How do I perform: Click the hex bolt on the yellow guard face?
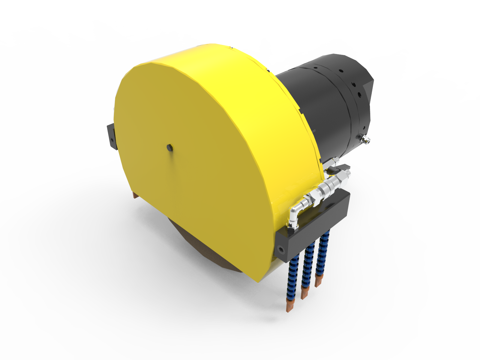[169, 147]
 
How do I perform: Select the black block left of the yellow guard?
[111, 136]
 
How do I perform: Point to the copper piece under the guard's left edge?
[136, 195]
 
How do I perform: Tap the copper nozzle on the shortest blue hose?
[318, 280]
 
